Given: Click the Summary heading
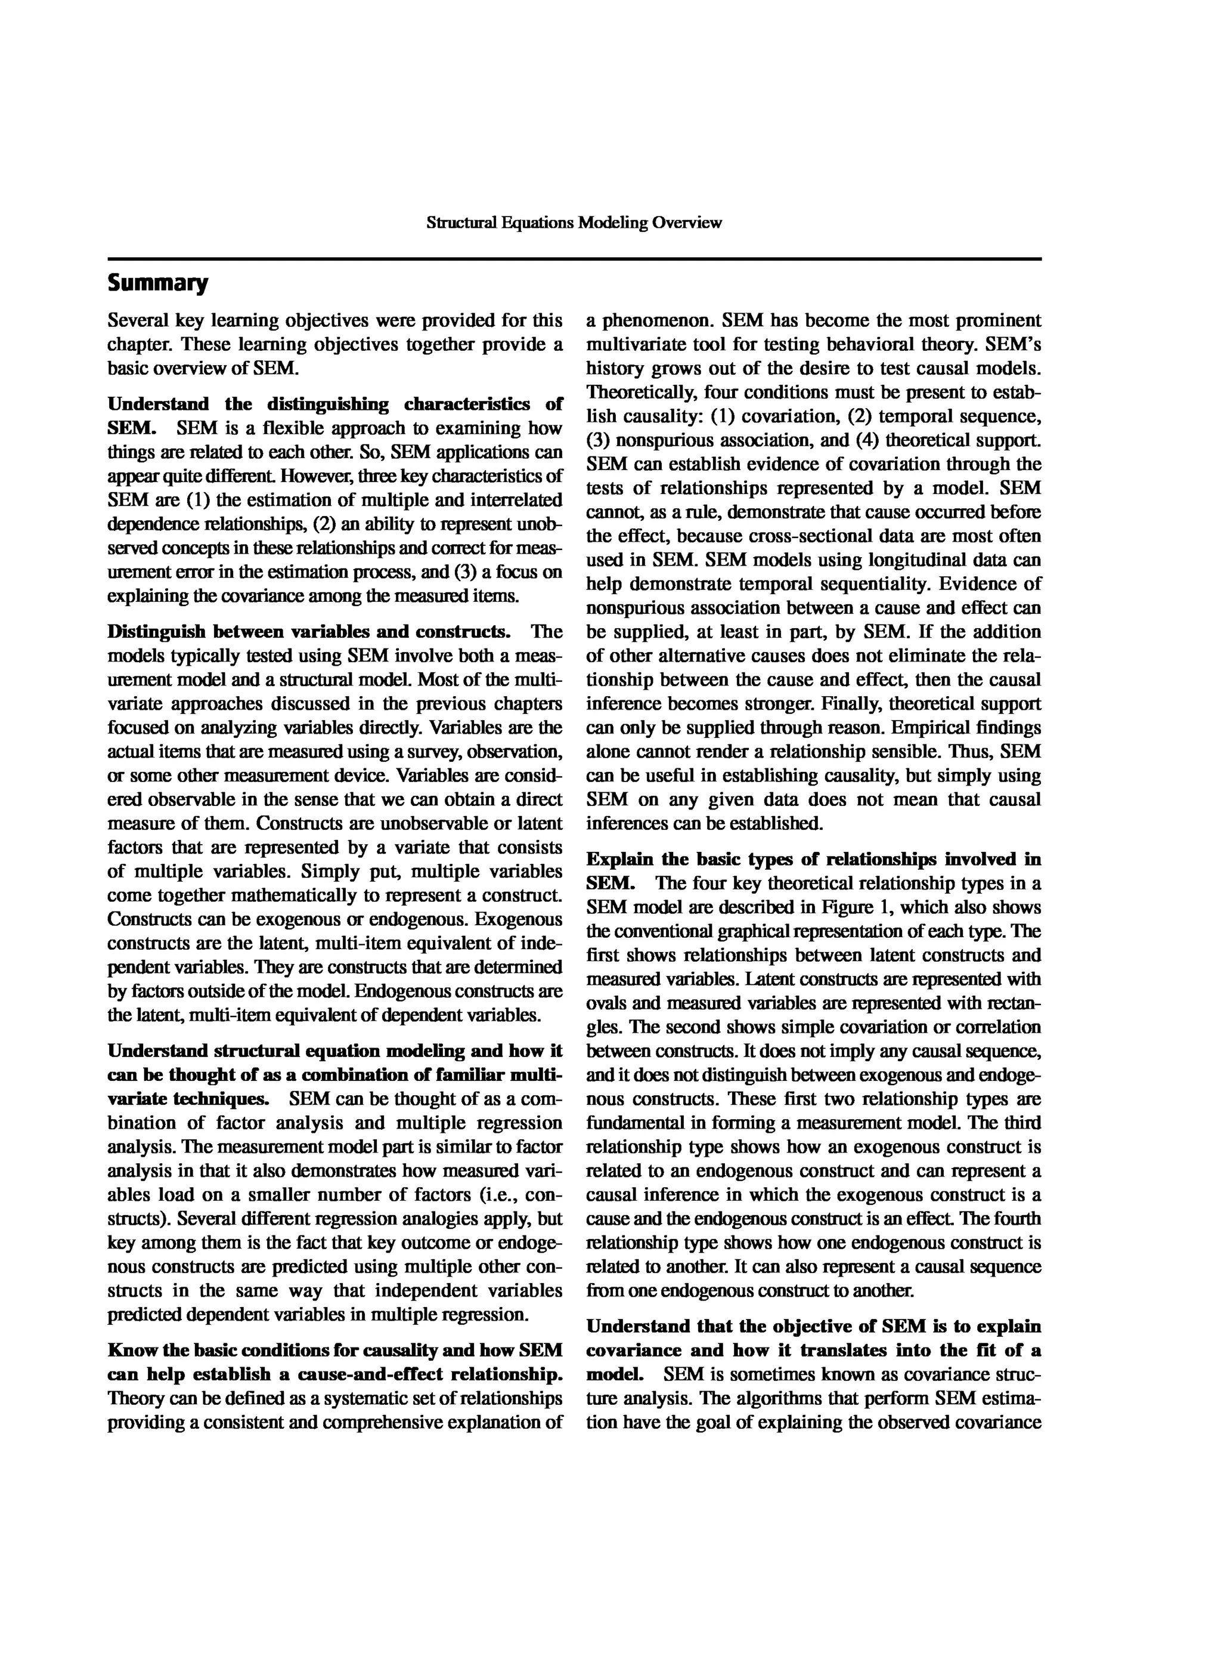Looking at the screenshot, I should (157, 283).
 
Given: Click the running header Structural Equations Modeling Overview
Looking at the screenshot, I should (574, 223).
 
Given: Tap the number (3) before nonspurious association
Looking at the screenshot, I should (598, 440).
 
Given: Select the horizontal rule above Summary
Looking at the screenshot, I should (574, 259).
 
